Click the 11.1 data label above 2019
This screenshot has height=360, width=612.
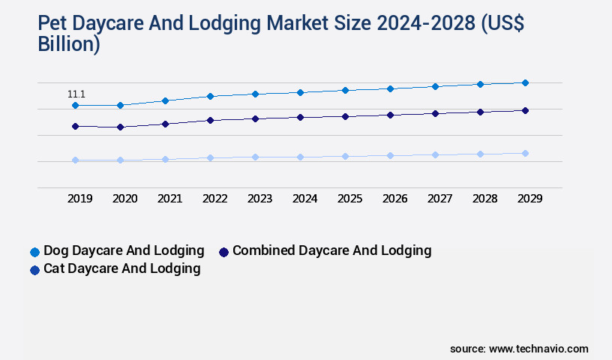click(x=76, y=94)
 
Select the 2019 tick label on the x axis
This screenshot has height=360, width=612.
click(x=80, y=199)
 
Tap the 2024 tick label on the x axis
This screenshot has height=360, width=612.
click(x=305, y=199)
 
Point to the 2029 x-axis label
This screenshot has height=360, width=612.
click(x=529, y=199)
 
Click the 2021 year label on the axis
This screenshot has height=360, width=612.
click(x=170, y=199)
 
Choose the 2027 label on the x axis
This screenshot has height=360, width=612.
click(x=440, y=199)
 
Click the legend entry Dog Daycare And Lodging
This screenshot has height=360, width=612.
click(x=124, y=250)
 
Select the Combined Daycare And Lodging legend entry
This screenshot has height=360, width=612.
click(x=331, y=250)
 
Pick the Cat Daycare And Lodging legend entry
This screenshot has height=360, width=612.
click(x=121, y=268)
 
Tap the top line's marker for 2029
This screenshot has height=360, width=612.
click(x=525, y=82)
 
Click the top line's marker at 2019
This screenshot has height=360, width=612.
click(x=75, y=106)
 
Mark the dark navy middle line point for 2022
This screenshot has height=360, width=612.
click(x=210, y=120)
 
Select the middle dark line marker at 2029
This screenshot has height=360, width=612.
click(x=525, y=110)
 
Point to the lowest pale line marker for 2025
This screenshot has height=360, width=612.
click(x=345, y=156)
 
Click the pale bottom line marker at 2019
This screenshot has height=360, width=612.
click(x=75, y=160)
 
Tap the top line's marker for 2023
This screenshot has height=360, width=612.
click(x=255, y=94)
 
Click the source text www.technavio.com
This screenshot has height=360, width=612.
click(x=538, y=349)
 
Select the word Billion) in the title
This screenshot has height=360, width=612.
click(x=69, y=44)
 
